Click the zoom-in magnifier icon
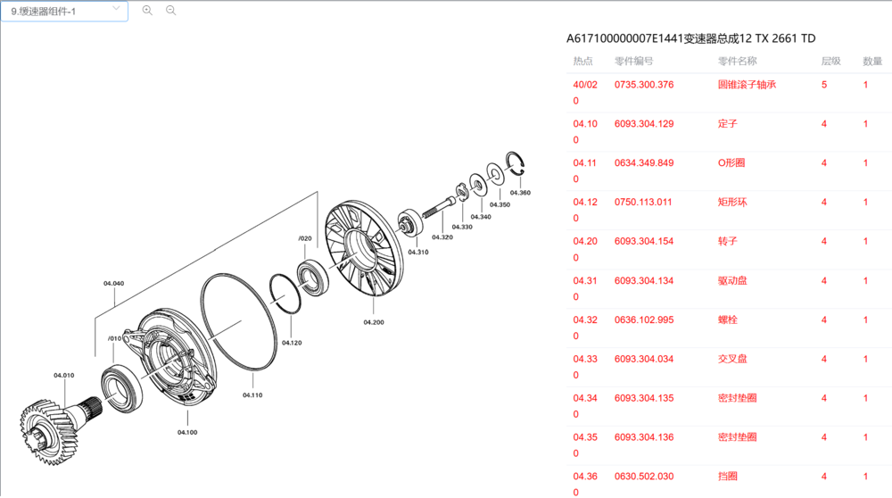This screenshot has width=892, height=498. [147, 10]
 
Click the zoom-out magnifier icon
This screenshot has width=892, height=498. [170, 10]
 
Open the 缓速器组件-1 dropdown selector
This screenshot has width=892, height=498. [64, 11]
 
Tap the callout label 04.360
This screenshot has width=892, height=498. [520, 193]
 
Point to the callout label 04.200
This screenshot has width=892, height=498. [374, 322]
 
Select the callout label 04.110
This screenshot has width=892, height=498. [252, 395]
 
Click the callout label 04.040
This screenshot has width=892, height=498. [114, 284]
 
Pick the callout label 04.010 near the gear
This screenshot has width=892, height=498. [63, 376]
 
